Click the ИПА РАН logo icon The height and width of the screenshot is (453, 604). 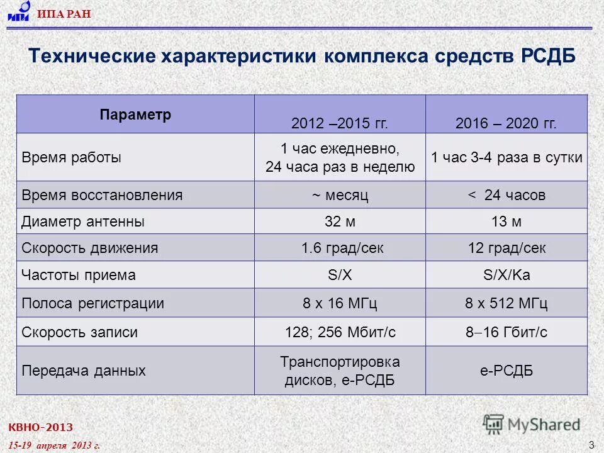point(20,12)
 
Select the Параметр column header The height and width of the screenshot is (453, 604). point(135,116)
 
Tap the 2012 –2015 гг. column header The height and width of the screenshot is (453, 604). point(340,123)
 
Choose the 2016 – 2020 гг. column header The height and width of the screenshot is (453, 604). point(506,123)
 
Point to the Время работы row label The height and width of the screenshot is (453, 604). point(72,157)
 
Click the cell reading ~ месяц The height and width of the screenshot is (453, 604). point(340,195)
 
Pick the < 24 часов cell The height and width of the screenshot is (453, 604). point(506,195)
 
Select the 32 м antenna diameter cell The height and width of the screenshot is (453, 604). point(340,221)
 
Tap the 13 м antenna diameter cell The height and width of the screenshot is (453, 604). point(506,221)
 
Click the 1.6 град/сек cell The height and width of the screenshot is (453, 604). point(340,248)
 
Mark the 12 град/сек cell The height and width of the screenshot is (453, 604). point(506,248)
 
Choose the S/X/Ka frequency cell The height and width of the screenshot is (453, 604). point(506,275)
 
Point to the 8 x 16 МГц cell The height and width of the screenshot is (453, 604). point(340,303)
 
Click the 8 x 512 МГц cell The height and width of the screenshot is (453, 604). point(506,303)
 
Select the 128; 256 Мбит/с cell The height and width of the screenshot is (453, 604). point(340,332)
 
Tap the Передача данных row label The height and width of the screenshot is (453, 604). point(84,371)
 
